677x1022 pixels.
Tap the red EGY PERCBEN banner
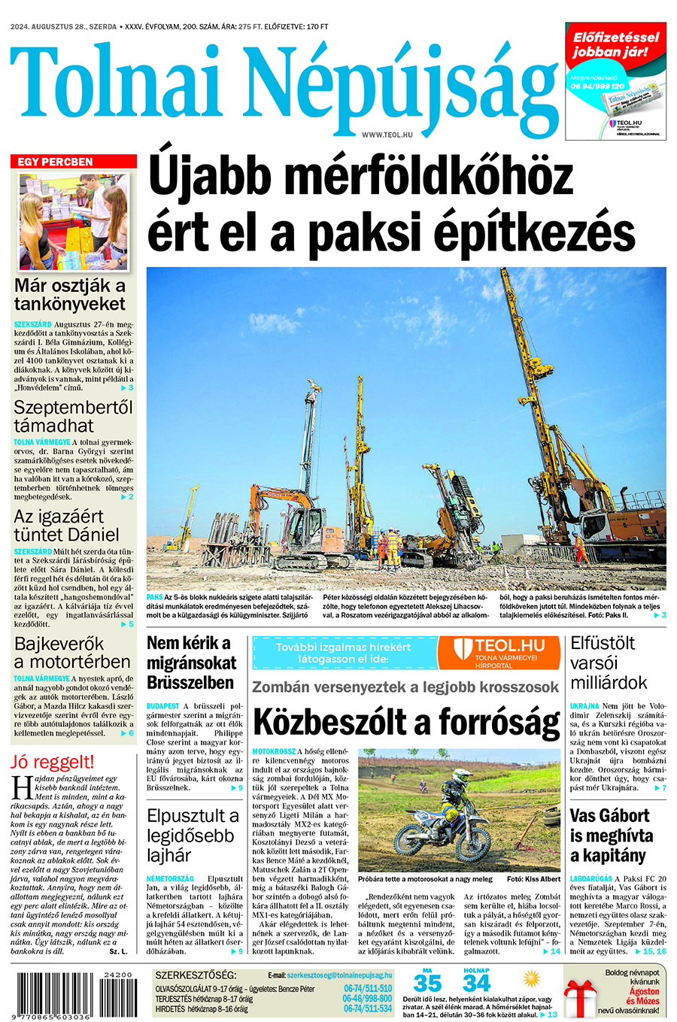pos(74,162)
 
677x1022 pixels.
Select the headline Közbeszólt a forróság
pos(406,723)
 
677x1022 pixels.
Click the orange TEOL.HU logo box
pos(499,652)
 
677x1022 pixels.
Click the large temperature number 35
pos(427,984)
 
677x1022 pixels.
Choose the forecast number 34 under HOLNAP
pos(476,984)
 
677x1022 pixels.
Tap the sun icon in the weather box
pos(532,979)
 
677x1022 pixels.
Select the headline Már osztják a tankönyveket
pos(70,295)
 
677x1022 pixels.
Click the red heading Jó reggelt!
pos(53,761)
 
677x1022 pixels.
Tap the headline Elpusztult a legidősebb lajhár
pos(193,835)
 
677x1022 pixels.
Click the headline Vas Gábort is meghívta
pos(610,835)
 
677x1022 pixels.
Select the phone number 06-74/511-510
pos(368,988)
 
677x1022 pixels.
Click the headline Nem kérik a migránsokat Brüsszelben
pos(191,663)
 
